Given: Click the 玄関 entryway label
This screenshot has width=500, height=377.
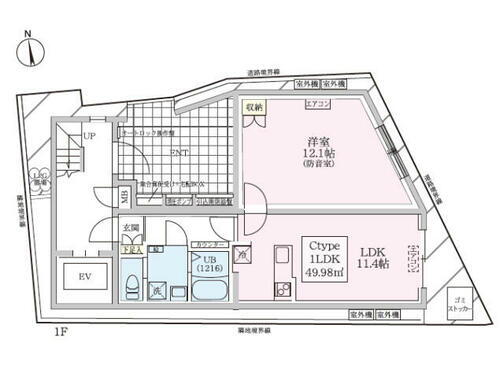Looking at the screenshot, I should click(x=131, y=229).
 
